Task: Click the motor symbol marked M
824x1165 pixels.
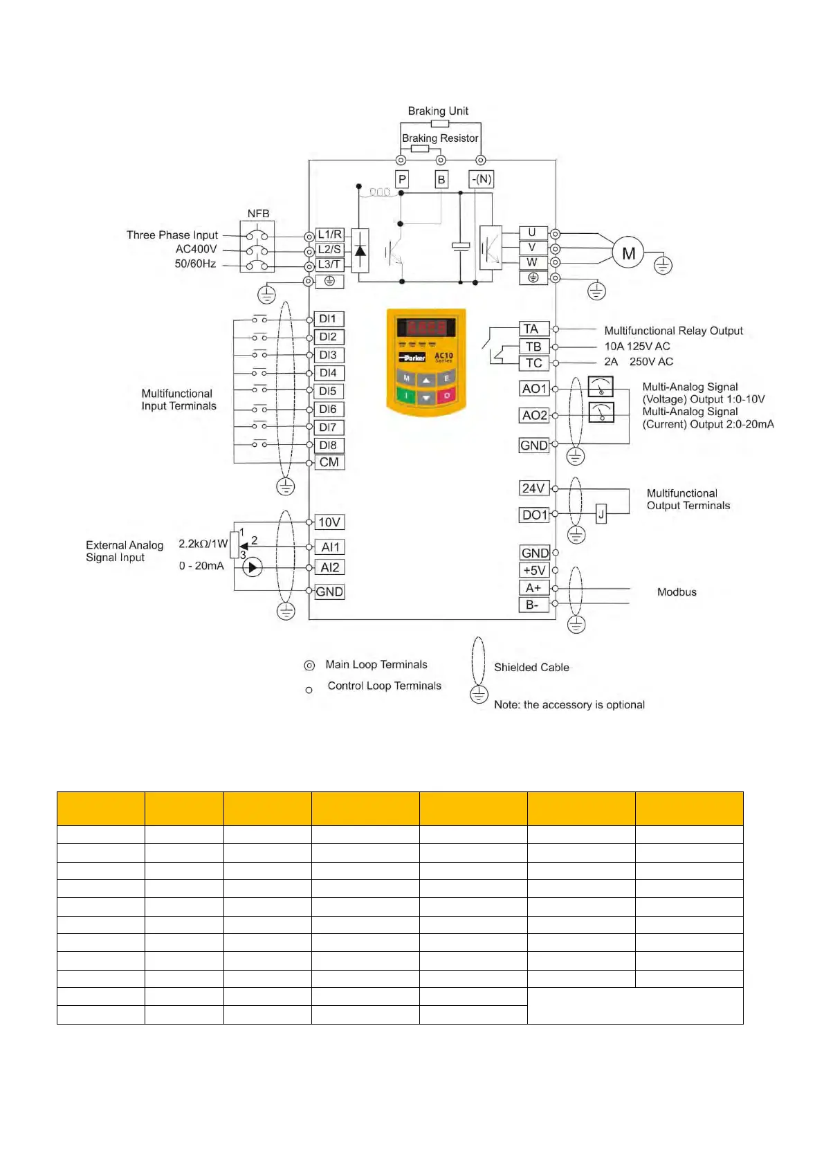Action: (x=628, y=253)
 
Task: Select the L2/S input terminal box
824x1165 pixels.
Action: (x=329, y=250)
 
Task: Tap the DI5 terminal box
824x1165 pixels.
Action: (x=328, y=392)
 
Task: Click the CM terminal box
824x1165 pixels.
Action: (x=329, y=462)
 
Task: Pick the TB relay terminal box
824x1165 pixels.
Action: (x=533, y=346)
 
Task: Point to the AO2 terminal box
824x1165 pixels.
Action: (x=534, y=415)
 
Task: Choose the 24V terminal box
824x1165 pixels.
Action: (x=533, y=488)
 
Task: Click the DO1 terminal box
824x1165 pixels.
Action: (x=534, y=515)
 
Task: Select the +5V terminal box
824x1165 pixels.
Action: (x=534, y=570)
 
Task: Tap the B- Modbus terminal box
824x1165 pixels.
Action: (x=533, y=605)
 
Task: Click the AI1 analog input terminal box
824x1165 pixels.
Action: (x=330, y=547)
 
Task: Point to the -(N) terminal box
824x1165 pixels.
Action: (x=481, y=179)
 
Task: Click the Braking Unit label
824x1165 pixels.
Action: (x=438, y=111)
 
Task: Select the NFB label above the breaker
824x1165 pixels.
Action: (x=258, y=214)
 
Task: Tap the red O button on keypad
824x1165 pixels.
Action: (x=447, y=396)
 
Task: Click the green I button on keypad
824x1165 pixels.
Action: (x=406, y=396)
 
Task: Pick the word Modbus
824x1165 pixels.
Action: (x=677, y=592)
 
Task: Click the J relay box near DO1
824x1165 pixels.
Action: (x=601, y=514)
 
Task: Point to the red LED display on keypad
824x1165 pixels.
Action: (x=426, y=327)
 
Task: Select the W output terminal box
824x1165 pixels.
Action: (x=533, y=263)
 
